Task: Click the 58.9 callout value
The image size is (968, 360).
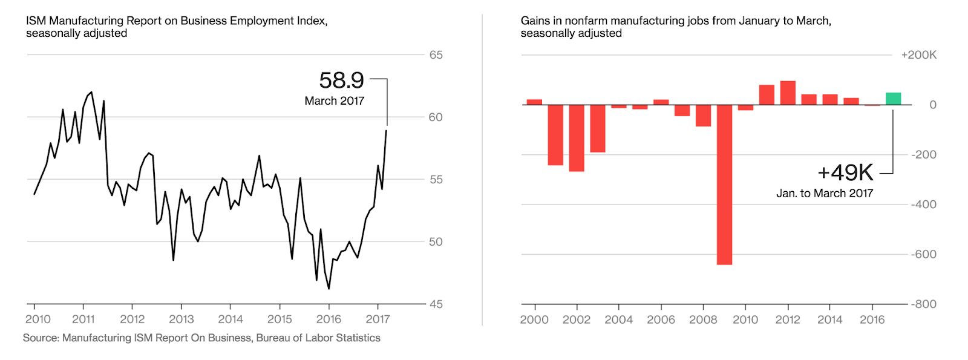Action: pyautogui.click(x=341, y=80)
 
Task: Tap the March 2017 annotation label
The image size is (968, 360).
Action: pyautogui.click(x=334, y=101)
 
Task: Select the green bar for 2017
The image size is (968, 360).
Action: pyautogui.click(x=893, y=99)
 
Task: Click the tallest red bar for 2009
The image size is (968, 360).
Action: pyautogui.click(x=724, y=185)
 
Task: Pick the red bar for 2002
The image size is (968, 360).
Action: pyautogui.click(x=577, y=138)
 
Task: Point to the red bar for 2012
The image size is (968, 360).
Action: pyautogui.click(x=788, y=93)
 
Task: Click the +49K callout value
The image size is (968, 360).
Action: pyautogui.click(x=845, y=173)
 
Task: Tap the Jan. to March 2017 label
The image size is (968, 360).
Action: pyautogui.click(x=825, y=194)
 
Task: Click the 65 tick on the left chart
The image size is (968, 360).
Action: pyautogui.click(x=436, y=55)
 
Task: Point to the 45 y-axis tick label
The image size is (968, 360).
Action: pyautogui.click(x=436, y=304)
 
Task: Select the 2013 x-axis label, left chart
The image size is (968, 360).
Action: pyautogui.click(x=181, y=319)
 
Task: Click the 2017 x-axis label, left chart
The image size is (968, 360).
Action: pyautogui.click(x=378, y=319)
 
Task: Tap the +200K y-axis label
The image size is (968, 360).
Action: pyautogui.click(x=918, y=55)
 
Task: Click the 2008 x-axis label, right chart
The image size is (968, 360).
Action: pyautogui.click(x=703, y=320)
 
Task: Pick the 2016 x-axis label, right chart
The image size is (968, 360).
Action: pyautogui.click(x=872, y=320)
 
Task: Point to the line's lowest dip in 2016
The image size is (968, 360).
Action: pyautogui.click(x=329, y=289)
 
